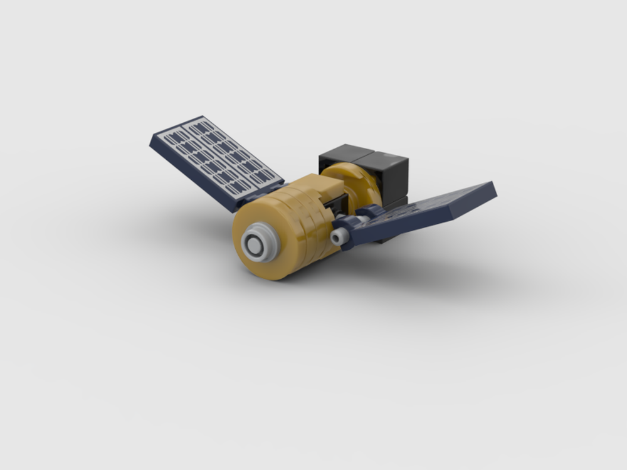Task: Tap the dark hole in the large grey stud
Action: [256, 245]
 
